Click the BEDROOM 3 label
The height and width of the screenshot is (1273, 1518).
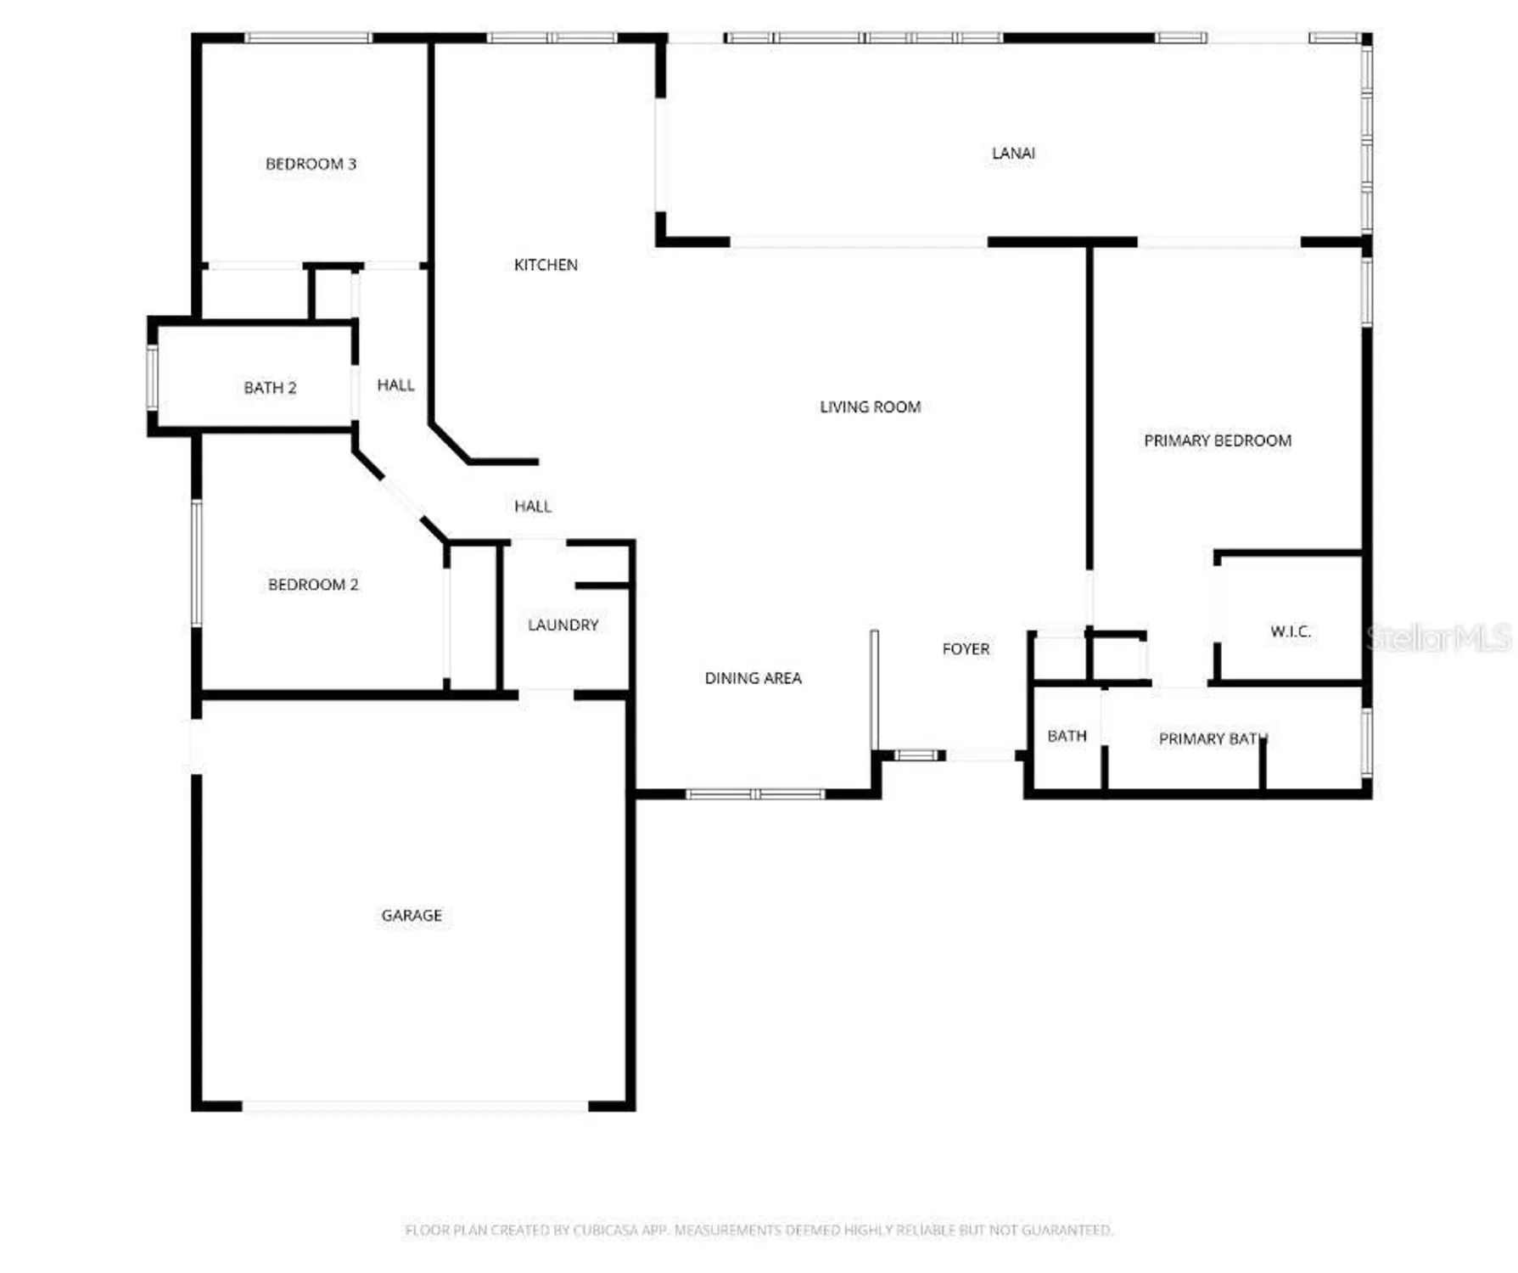[x=311, y=164]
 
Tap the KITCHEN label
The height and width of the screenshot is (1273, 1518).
[x=546, y=265]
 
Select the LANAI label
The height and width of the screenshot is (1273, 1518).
[x=1013, y=154]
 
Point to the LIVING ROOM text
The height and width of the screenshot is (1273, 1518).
[x=870, y=407]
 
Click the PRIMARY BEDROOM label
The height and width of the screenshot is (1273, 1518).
[x=1217, y=440]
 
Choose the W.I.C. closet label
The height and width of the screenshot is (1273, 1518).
[x=1290, y=631]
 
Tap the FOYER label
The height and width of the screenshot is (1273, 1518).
[x=966, y=649]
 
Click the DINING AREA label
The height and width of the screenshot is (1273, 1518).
[x=753, y=678]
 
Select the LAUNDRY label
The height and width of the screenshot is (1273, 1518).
[x=563, y=625]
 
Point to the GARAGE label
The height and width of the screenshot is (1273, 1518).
[x=412, y=916]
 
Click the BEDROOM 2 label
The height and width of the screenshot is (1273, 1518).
[x=313, y=585]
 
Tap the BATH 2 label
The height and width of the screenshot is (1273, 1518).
[x=270, y=388]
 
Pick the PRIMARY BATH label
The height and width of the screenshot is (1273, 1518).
[x=1213, y=739]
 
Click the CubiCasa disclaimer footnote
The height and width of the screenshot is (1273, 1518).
[x=759, y=1230]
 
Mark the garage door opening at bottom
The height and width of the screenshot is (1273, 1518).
[x=415, y=1106]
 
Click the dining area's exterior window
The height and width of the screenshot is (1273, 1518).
[x=755, y=794]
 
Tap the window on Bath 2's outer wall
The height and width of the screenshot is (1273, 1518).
[x=152, y=377]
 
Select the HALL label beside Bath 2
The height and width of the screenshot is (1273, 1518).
[x=395, y=385]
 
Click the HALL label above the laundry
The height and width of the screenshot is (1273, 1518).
[x=533, y=507]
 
